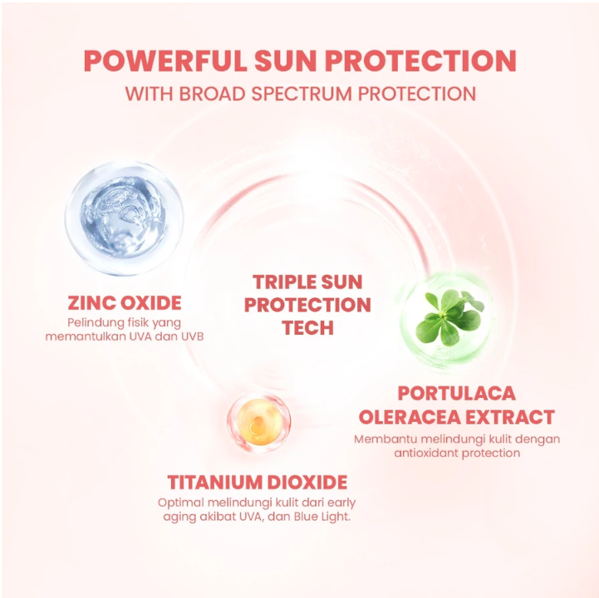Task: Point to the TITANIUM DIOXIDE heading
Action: point(258,483)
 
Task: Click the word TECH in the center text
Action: point(308,327)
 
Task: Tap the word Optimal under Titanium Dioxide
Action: point(180,502)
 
